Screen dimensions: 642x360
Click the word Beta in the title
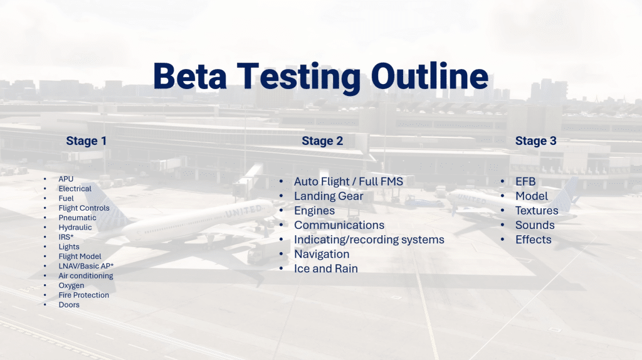pyautogui.click(x=189, y=76)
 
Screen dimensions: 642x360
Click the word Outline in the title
pyautogui.click(x=429, y=76)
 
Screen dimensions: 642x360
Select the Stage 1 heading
pyautogui.click(x=87, y=141)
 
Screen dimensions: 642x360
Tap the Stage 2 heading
pyautogui.click(x=322, y=141)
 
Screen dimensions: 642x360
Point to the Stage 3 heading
pyautogui.click(x=535, y=141)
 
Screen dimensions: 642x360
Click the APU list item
pyautogui.click(x=66, y=179)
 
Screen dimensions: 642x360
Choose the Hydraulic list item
pyautogui.click(x=75, y=227)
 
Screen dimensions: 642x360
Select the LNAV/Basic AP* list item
pyautogui.click(x=86, y=266)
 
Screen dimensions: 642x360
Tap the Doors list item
pyautogui.click(x=69, y=305)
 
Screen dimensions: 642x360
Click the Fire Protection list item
pyautogui.click(x=83, y=295)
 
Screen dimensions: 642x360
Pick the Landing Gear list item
pyautogui.click(x=329, y=196)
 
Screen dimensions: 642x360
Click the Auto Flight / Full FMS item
pyautogui.click(x=349, y=181)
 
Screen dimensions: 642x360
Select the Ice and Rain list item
pyautogui.click(x=326, y=268)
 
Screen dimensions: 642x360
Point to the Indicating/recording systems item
pyautogui.click(x=369, y=240)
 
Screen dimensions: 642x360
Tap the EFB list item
pyautogui.click(x=525, y=181)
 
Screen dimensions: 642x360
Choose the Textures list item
pyautogui.click(x=537, y=211)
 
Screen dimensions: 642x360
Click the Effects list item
pyautogui.click(x=533, y=240)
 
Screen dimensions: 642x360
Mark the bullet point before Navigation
pyautogui.click(x=282, y=255)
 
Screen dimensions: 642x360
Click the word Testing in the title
pyautogui.click(x=298, y=77)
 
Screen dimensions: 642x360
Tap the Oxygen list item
pyautogui.click(x=71, y=285)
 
